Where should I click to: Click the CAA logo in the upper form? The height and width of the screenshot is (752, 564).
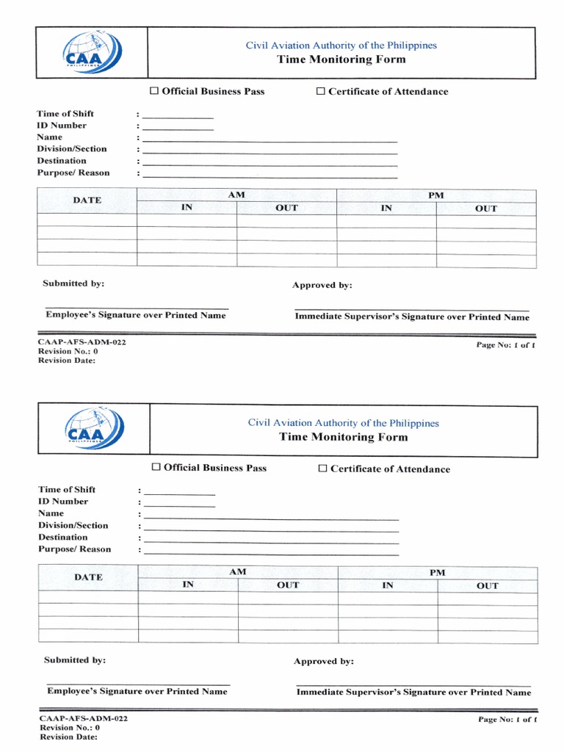[93, 53]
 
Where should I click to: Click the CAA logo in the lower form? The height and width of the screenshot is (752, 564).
[95, 429]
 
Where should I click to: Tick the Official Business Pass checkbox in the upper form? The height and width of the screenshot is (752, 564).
[154, 91]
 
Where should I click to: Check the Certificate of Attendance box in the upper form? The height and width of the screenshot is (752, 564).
[320, 91]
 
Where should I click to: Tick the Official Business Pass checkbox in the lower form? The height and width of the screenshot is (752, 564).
[156, 468]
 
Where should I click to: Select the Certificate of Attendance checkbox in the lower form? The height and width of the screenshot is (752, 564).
[322, 469]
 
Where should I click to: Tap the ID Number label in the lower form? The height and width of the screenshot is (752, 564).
[63, 502]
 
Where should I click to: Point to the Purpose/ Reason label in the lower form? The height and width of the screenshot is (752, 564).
[75, 549]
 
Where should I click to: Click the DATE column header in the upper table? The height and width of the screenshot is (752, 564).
[87, 200]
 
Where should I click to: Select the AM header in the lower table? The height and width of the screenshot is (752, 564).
[238, 572]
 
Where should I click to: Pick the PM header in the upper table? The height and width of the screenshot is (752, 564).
[436, 195]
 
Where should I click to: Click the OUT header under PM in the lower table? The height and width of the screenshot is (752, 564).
[487, 586]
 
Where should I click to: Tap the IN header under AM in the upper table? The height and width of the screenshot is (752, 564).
[187, 208]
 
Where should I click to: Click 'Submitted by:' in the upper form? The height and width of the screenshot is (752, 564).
[73, 283]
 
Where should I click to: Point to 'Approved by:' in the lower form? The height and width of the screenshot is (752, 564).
[324, 662]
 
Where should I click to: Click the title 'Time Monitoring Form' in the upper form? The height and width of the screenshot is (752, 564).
[341, 59]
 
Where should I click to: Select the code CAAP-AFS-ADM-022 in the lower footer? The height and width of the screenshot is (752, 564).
[84, 718]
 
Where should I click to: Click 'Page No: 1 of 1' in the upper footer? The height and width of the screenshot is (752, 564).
[505, 345]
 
